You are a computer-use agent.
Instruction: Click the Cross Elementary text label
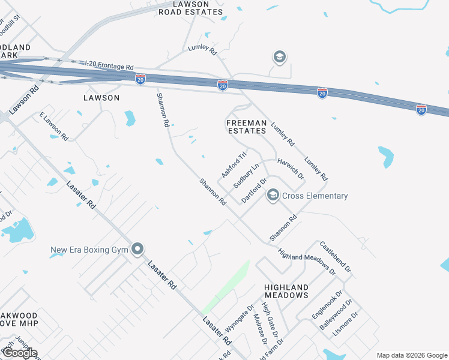pos(315,196)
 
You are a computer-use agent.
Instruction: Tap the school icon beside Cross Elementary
pos(273,195)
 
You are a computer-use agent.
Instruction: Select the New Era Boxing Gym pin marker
pos(138,249)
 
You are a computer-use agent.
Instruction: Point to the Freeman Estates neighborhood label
pos(246,127)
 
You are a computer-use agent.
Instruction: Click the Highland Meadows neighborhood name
pos(286,292)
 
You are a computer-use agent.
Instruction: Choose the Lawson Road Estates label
pos(190,7)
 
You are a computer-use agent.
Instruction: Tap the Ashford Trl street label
pos(234,164)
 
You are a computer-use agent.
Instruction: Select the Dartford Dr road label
pos(254,190)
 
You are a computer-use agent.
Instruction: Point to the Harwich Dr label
pos(291,170)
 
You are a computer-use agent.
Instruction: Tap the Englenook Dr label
pos(327,305)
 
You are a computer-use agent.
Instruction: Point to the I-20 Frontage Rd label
pos(109,65)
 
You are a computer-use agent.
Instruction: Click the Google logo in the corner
pos(19,353)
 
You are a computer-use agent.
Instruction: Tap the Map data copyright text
pos(411,355)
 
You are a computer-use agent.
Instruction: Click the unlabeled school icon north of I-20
pos(279,57)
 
